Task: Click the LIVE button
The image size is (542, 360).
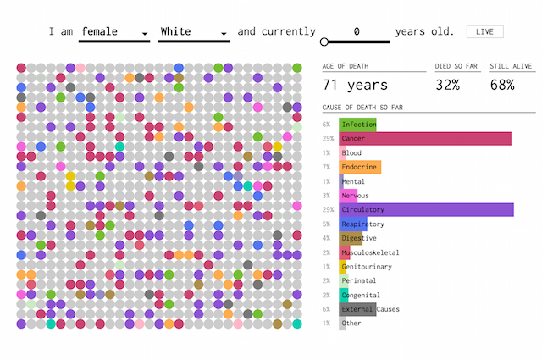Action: coord(484,32)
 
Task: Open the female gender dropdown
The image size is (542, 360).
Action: coord(114,32)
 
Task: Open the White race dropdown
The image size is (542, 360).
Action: coord(194,32)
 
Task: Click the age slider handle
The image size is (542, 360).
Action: coord(324,42)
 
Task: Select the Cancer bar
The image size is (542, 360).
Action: coord(425,139)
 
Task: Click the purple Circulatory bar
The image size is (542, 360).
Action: coord(426,209)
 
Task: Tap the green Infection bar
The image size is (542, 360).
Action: coord(357,125)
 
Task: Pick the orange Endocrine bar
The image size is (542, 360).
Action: coord(360,167)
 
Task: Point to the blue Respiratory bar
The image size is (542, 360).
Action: coord(353,224)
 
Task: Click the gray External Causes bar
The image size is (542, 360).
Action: coord(357,309)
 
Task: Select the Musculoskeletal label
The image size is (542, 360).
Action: coord(370,252)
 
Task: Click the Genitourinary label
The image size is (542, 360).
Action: coord(367,267)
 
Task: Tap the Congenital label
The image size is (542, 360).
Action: coord(361,295)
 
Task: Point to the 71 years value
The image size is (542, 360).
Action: coord(355,85)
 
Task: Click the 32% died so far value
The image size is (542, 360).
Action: coord(448,85)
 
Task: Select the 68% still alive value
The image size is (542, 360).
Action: coord(502,85)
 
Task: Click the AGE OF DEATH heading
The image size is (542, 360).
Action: coord(346,66)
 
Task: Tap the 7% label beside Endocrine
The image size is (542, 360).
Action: coord(326,167)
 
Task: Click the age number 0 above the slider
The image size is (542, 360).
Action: coord(357,32)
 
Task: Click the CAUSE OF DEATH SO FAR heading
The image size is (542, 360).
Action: coord(362,108)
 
